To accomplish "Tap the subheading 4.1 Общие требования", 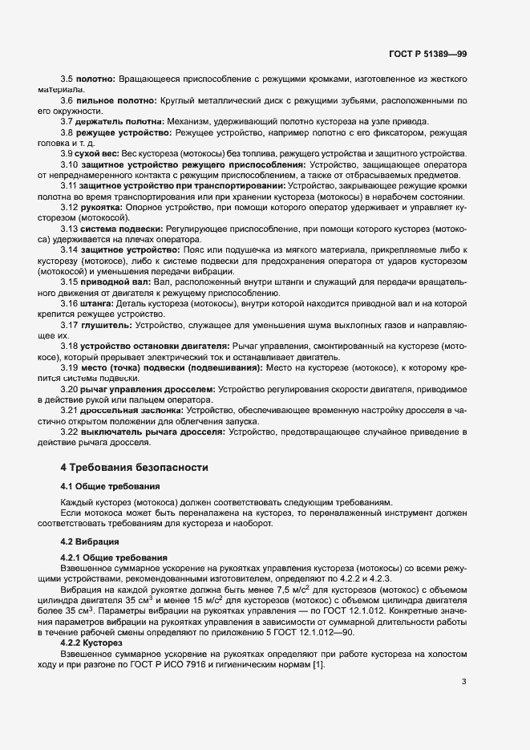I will tap(111, 487).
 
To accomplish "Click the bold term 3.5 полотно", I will tap(96, 79).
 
